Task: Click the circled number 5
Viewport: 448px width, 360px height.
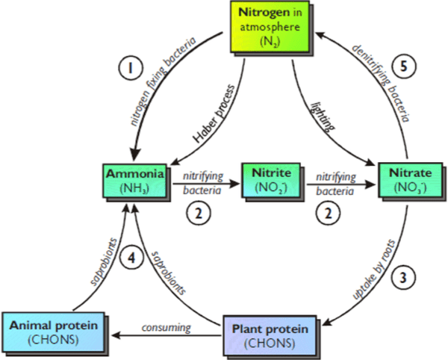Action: pyautogui.click(x=404, y=65)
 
